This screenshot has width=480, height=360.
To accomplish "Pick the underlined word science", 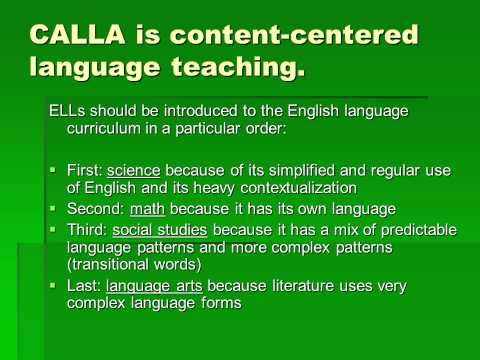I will (x=135, y=169).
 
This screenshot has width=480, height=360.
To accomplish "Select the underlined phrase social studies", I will (x=152, y=230).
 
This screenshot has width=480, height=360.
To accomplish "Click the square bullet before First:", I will (x=53, y=169).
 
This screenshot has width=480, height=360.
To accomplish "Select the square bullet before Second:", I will (x=53, y=209).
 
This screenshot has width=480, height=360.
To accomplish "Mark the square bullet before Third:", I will (x=53, y=230).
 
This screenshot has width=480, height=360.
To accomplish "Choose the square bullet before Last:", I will (x=53, y=286).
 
